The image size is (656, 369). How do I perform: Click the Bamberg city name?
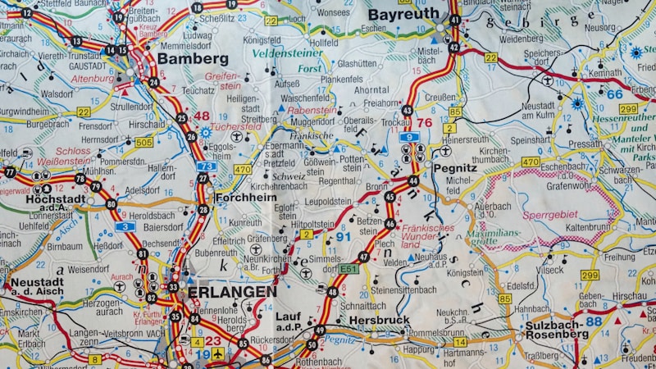(x=193, y=59)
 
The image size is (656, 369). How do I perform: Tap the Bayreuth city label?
(x=403, y=15)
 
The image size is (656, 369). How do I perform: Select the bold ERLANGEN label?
(x=232, y=292)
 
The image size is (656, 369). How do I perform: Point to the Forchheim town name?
(x=245, y=198)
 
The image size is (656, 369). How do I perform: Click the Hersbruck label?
(x=379, y=320)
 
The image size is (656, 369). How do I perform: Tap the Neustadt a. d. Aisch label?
(x=37, y=287)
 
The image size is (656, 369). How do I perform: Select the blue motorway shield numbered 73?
(x=207, y=166)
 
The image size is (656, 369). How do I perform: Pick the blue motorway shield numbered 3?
(x=125, y=226)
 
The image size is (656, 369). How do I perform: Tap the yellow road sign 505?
(x=144, y=142)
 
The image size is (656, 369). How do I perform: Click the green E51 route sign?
(x=349, y=268)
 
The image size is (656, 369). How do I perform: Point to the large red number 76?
(x=424, y=123)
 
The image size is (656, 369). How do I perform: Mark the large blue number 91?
(x=344, y=238)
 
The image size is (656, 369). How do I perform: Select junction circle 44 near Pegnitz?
(x=412, y=180)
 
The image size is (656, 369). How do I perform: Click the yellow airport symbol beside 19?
(x=217, y=354)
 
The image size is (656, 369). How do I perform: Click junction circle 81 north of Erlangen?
(x=143, y=254)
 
